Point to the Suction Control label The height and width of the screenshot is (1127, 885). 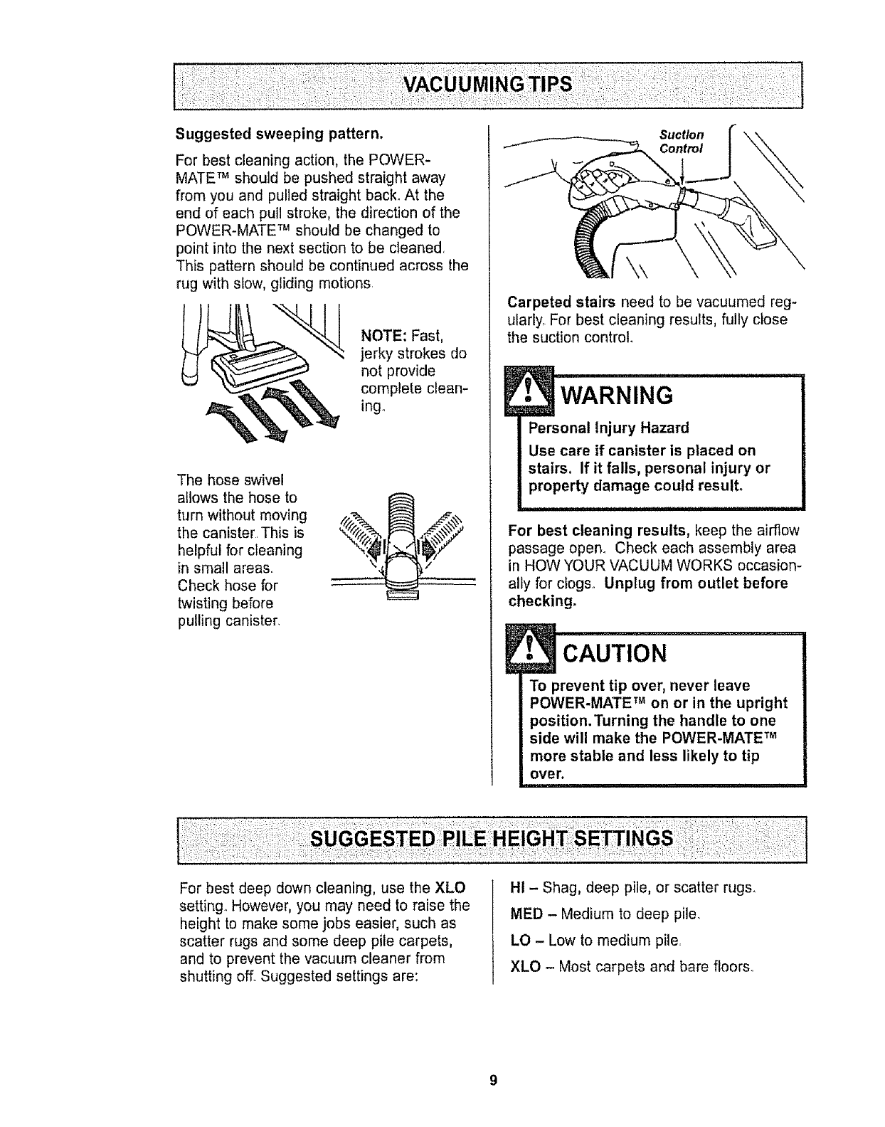coord(681,142)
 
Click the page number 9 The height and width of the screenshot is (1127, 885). coord(491,1081)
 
